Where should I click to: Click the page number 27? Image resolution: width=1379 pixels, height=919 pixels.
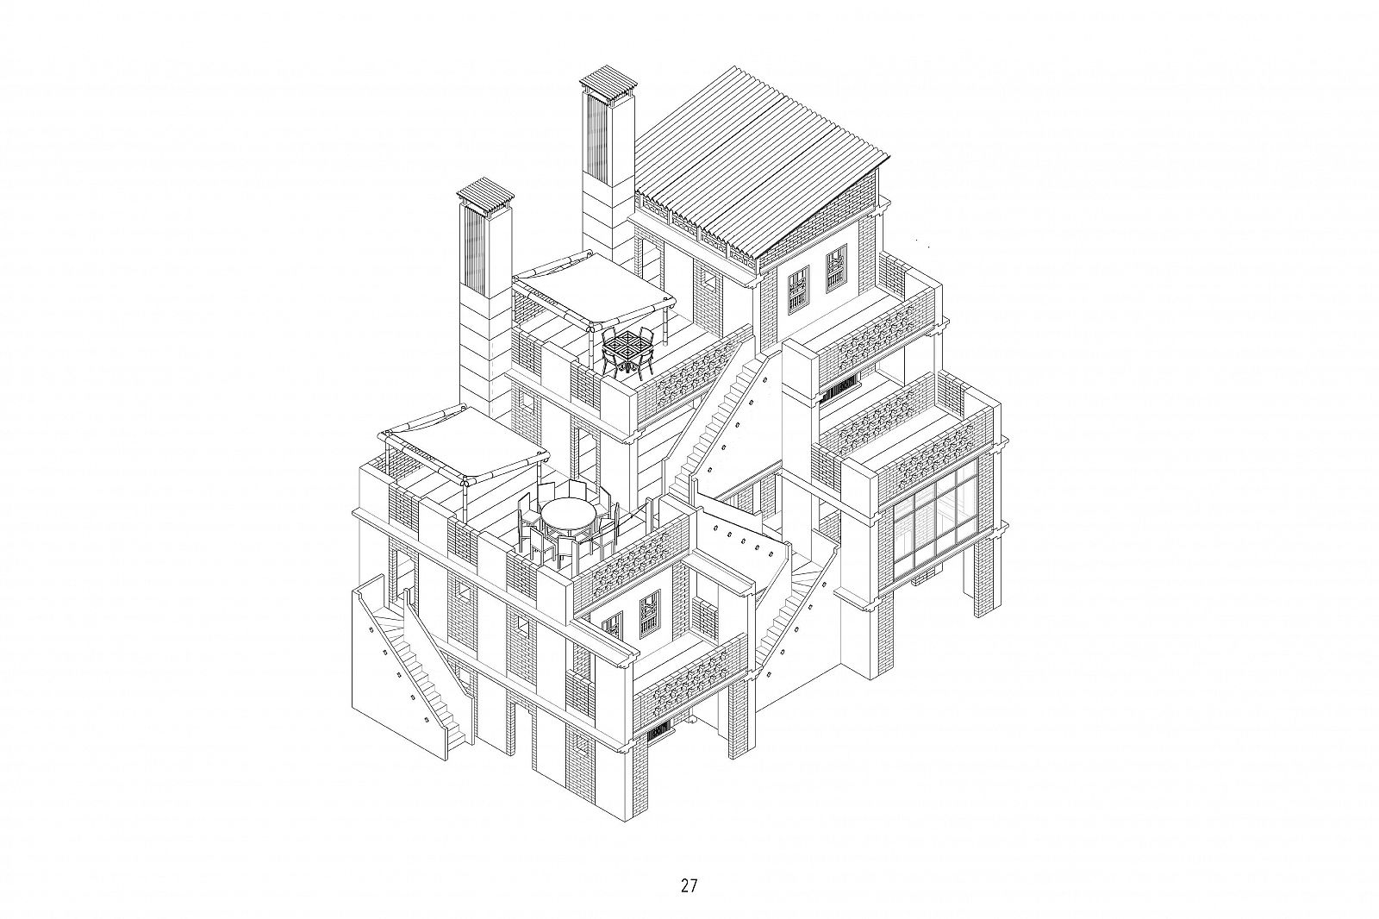point(689,868)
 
